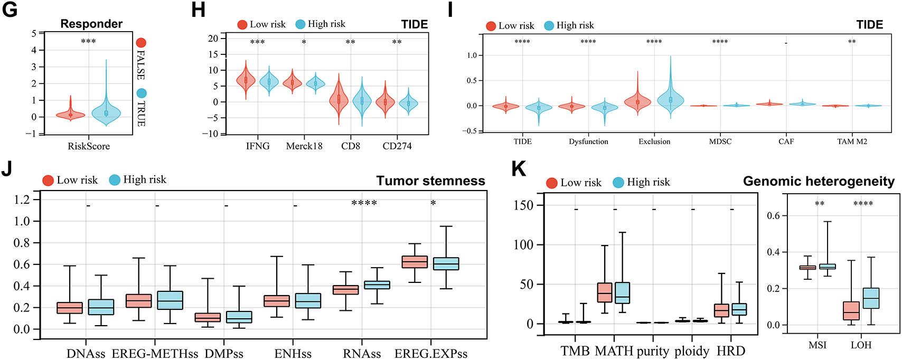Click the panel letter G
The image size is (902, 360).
coord(10,10)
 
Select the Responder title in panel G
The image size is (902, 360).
coord(91,24)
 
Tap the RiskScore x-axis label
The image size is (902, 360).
coord(89,146)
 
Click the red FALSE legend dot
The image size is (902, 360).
coord(141,43)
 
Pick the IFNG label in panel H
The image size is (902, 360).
coord(258,146)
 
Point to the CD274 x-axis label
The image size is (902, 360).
coord(397,146)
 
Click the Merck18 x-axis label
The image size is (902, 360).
coord(304,146)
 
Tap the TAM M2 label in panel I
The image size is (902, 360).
coord(852,141)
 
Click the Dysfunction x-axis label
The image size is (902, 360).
coord(588,141)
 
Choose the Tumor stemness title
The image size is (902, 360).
coord(430,181)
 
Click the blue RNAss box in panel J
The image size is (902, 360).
coord(378,285)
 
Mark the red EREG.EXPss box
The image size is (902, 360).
coord(415,262)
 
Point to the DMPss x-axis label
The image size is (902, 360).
coord(224,353)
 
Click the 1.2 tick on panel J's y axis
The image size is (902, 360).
coord(22,200)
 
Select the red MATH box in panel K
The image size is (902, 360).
coord(605,292)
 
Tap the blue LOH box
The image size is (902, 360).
coord(871,298)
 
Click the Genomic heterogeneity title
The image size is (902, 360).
coord(819,182)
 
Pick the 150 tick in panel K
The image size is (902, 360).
coord(523,205)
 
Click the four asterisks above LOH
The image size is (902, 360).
coord(863,204)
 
